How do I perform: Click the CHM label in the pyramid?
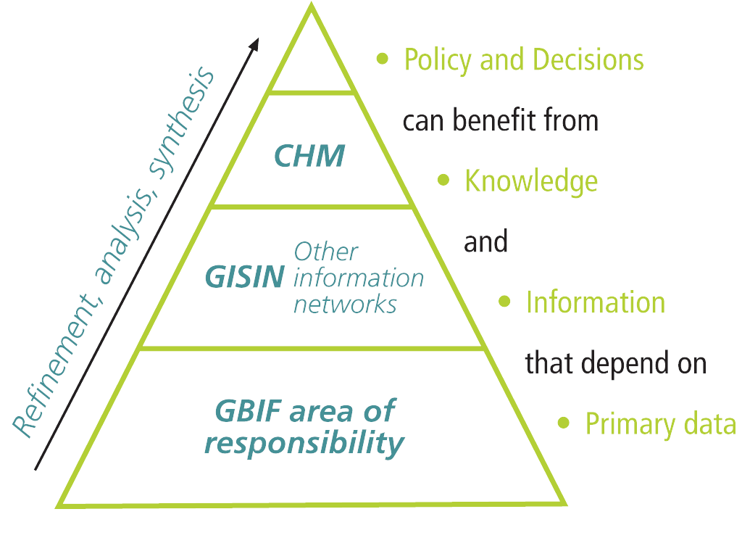[310, 155]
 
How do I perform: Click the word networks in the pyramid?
[345, 303]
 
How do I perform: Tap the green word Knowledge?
[530, 181]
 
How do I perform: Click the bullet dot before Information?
[506, 301]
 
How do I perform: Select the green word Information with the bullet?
[595, 302]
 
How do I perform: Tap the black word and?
[485, 241]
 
